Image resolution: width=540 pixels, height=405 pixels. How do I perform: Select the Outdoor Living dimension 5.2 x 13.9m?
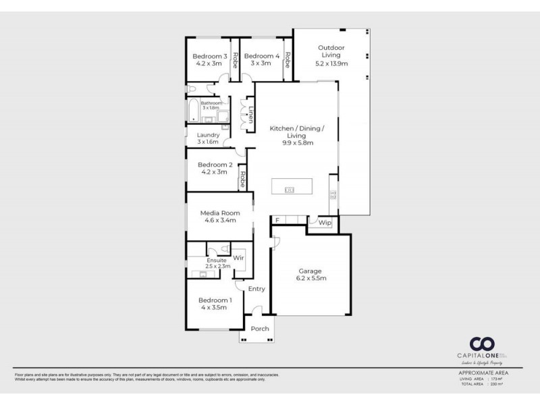[331, 63]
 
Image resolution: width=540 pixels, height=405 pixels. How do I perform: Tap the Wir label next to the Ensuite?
[238, 258]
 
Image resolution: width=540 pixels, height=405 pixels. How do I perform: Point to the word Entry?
[256, 289]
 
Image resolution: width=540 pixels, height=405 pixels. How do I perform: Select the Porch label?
[260, 329]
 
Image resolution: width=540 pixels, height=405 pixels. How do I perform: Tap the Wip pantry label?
[325, 222]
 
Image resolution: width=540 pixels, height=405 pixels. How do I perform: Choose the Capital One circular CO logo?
[482, 344]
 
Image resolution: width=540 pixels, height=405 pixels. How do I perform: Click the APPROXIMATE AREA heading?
[482, 373]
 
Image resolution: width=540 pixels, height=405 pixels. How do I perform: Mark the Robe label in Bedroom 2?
[242, 180]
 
